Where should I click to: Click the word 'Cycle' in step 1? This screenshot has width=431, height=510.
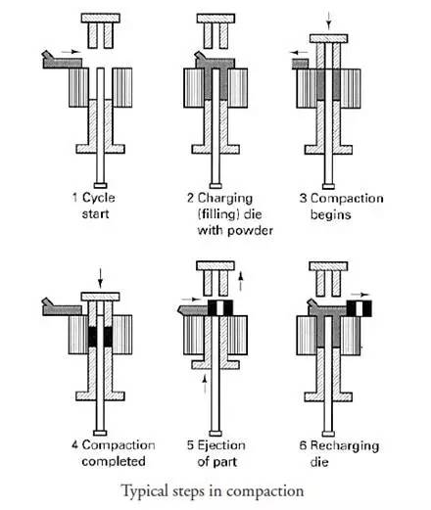[99, 198]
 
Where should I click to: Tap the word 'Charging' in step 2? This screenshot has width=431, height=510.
[225, 199]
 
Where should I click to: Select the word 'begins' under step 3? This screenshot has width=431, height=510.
[330, 214]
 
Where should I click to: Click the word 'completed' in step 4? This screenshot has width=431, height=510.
[114, 461]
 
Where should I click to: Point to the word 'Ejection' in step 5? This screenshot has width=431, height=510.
[221, 445]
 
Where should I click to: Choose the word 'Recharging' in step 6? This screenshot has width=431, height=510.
[345, 445]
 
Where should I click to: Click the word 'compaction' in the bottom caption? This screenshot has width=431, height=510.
[264, 492]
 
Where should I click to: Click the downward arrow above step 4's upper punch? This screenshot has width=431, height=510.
[100, 278]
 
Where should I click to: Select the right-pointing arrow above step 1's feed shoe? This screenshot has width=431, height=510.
[72, 52]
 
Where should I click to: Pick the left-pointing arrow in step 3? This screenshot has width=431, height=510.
[300, 52]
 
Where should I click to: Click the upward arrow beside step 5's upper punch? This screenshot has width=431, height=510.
[241, 281]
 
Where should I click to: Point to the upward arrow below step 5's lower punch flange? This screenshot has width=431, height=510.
[205, 384]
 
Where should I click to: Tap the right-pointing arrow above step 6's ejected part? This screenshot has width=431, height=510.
[360, 295]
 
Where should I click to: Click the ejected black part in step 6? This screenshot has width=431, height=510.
[359, 308]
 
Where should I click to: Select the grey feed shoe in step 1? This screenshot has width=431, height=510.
[62, 60]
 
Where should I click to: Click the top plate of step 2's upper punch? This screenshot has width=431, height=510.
[215, 19]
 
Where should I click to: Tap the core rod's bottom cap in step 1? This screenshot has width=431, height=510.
[100, 186]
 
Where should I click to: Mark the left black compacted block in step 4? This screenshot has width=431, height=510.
[92, 337]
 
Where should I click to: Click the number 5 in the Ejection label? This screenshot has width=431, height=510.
[190, 445]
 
